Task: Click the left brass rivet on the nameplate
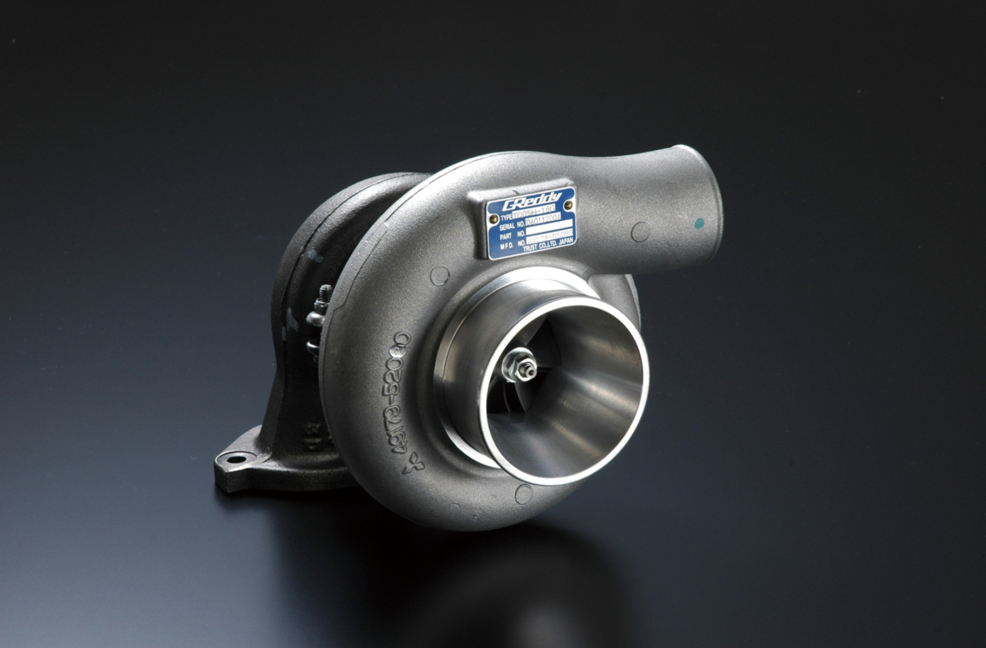pyautogui.click(x=493, y=219)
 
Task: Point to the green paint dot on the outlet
pyautogui.click(x=700, y=235)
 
